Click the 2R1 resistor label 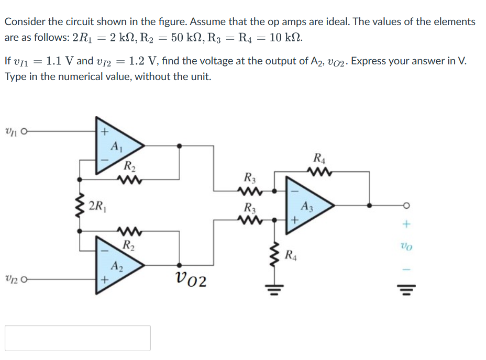click(x=97, y=205)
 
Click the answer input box click(x=78, y=338)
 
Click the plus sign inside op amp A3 click(x=294, y=221)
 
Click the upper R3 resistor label click(x=250, y=177)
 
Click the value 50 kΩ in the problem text click(x=192, y=38)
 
